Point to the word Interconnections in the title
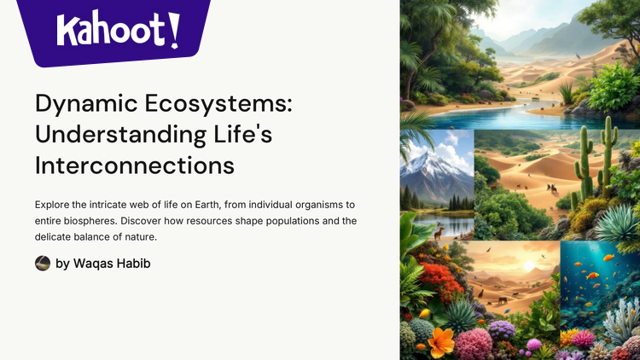(135, 165)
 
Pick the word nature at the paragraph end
(138, 237)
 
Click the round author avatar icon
(43, 264)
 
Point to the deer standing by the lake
(438, 231)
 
